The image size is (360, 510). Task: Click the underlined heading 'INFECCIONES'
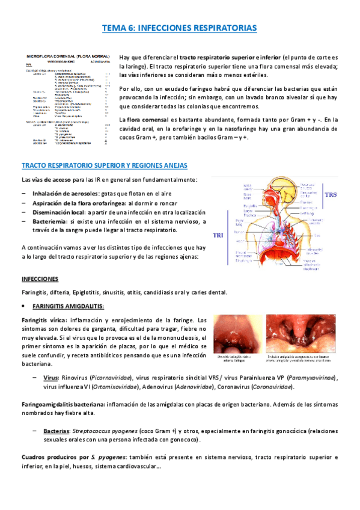click(40, 280)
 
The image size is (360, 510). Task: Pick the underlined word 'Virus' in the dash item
click(50, 377)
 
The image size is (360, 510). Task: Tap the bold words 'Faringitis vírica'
click(43, 319)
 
